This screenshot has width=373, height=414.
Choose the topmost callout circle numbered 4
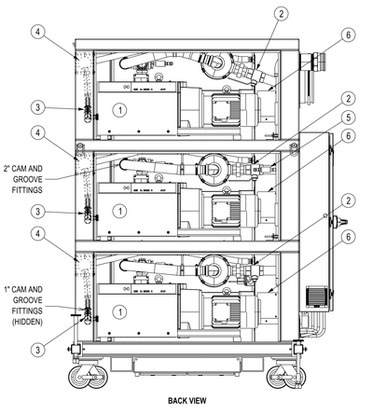pyautogui.click(x=36, y=33)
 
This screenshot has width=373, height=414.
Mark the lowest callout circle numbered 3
pyautogui.click(x=36, y=349)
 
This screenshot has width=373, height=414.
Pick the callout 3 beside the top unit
pyautogui.click(x=36, y=108)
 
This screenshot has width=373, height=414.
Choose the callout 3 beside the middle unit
pyautogui.click(x=36, y=211)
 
